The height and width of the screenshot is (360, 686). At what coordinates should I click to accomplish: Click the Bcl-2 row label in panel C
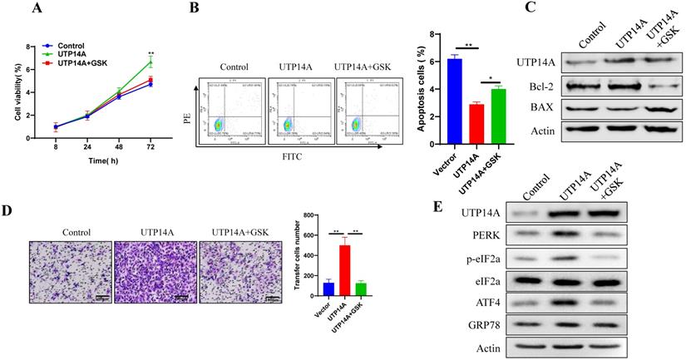pos(535,85)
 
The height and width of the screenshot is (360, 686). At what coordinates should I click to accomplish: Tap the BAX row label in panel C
pos(537,107)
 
